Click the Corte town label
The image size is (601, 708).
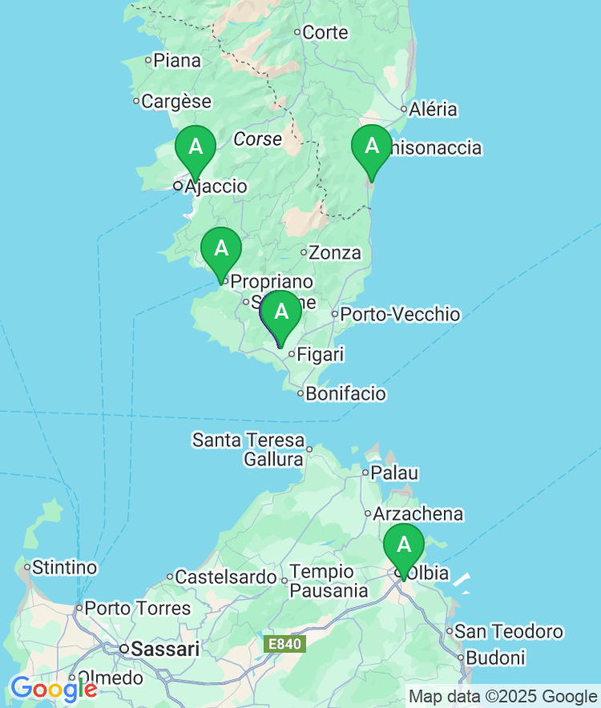(x=325, y=33)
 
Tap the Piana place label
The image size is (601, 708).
(x=177, y=60)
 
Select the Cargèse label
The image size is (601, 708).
(x=176, y=102)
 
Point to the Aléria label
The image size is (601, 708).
(x=433, y=110)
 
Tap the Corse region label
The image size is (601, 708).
(x=258, y=139)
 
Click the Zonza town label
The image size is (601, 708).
(x=335, y=253)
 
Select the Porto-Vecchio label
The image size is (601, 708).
(x=400, y=314)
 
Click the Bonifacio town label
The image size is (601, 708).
(x=346, y=394)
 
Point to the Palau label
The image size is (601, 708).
(x=394, y=473)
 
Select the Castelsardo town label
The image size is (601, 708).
(x=227, y=577)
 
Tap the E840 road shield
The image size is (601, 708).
(x=284, y=644)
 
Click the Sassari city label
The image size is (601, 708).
(x=165, y=650)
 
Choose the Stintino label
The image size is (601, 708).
(x=64, y=568)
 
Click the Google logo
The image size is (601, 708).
(x=54, y=688)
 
